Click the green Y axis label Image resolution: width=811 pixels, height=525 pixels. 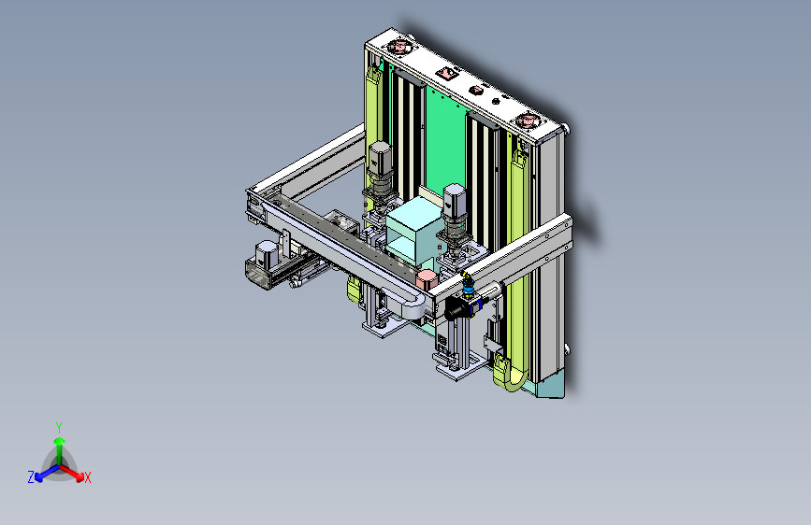click(59, 427)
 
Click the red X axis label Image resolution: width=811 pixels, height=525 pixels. click(87, 478)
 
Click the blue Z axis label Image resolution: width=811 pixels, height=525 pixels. click(31, 477)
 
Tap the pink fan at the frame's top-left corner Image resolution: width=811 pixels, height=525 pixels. click(398, 47)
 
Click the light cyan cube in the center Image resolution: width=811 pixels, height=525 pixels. click(413, 230)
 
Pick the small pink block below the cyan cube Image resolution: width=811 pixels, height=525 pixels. click(427, 279)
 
